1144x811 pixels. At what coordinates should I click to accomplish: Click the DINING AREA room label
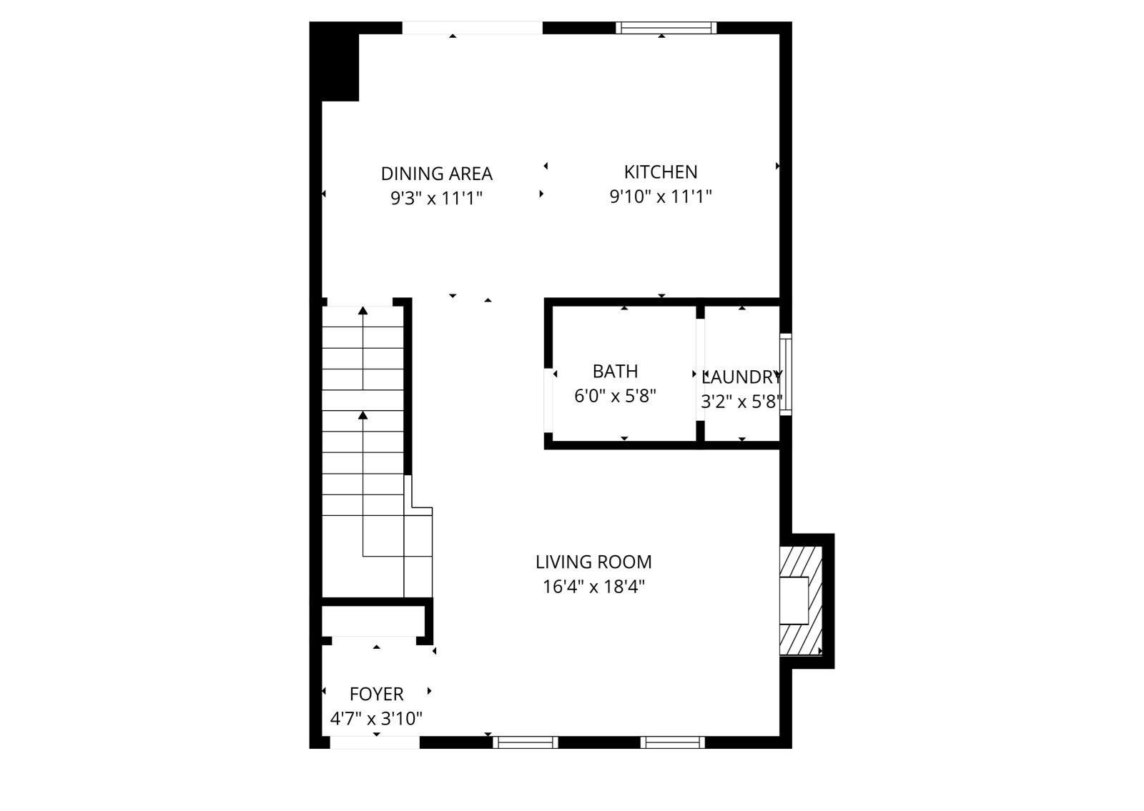pyautogui.click(x=436, y=174)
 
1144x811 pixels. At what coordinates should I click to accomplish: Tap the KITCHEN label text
pyautogui.click(x=661, y=172)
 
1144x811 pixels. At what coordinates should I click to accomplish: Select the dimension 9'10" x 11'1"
pyautogui.click(x=661, y=196)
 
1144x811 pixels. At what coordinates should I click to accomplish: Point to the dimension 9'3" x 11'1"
pyautogui.click(x=436, y=198)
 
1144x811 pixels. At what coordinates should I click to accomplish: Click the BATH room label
pyautogui.click(x=615, y=372)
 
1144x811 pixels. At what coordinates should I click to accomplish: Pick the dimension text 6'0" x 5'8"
pyautogui.click(x=615, y=396)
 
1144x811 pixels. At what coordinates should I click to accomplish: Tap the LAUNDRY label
pyautogui.click(x=741, y=377)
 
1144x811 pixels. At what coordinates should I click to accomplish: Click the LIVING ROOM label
pyautogui.click(x=593, y=562)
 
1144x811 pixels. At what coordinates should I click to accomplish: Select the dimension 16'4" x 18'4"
pyautogui.click(x=593, y=587)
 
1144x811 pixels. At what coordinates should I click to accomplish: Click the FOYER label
pyautogui.click(x=376, y=695)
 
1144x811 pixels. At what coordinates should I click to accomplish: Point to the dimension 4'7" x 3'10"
pyautogui.click(x=376, y=719)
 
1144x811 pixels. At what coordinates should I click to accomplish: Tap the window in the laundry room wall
pyautogui.click(x=785, y=374)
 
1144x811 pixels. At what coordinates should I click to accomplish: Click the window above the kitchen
pyautogui.click(x=666, y=28)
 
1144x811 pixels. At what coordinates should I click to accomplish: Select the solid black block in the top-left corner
pyautogui.click(x=335, y=61)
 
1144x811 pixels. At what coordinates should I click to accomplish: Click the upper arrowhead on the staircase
pyautogui.click(x=363, y=311)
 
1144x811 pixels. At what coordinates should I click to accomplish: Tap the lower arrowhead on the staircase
pyautogui.click(x=363, y=415)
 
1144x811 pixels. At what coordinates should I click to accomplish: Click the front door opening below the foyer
pyautogui.click(x=374, y=743)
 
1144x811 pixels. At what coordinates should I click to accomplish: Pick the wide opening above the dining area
pyautogui.click(x=472, y=28)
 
